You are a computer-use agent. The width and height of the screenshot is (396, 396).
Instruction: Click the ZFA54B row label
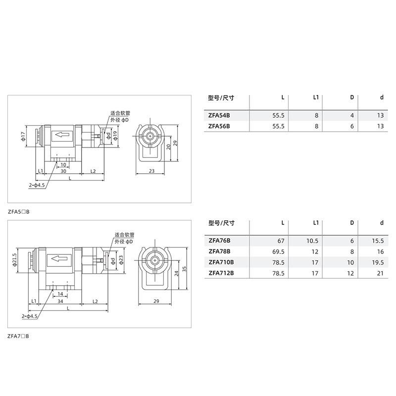coord(219,115)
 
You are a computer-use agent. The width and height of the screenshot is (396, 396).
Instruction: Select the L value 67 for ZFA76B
coord(281,241)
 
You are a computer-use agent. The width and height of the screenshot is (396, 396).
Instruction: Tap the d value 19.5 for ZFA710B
coord(378,262)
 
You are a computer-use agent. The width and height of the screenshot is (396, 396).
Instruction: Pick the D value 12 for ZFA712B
coord(350,273)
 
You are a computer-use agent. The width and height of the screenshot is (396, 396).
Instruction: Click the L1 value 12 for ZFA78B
coord(315,252)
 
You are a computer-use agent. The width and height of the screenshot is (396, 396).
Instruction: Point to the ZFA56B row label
coord(219,126)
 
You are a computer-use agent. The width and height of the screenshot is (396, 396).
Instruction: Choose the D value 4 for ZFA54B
coord(352,115)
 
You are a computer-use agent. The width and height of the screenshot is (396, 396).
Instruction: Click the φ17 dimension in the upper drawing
coord(23,136)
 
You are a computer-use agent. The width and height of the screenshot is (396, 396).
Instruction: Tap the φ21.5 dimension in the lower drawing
coord(15,259)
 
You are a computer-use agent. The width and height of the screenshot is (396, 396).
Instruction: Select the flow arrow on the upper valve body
coord(62,135)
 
